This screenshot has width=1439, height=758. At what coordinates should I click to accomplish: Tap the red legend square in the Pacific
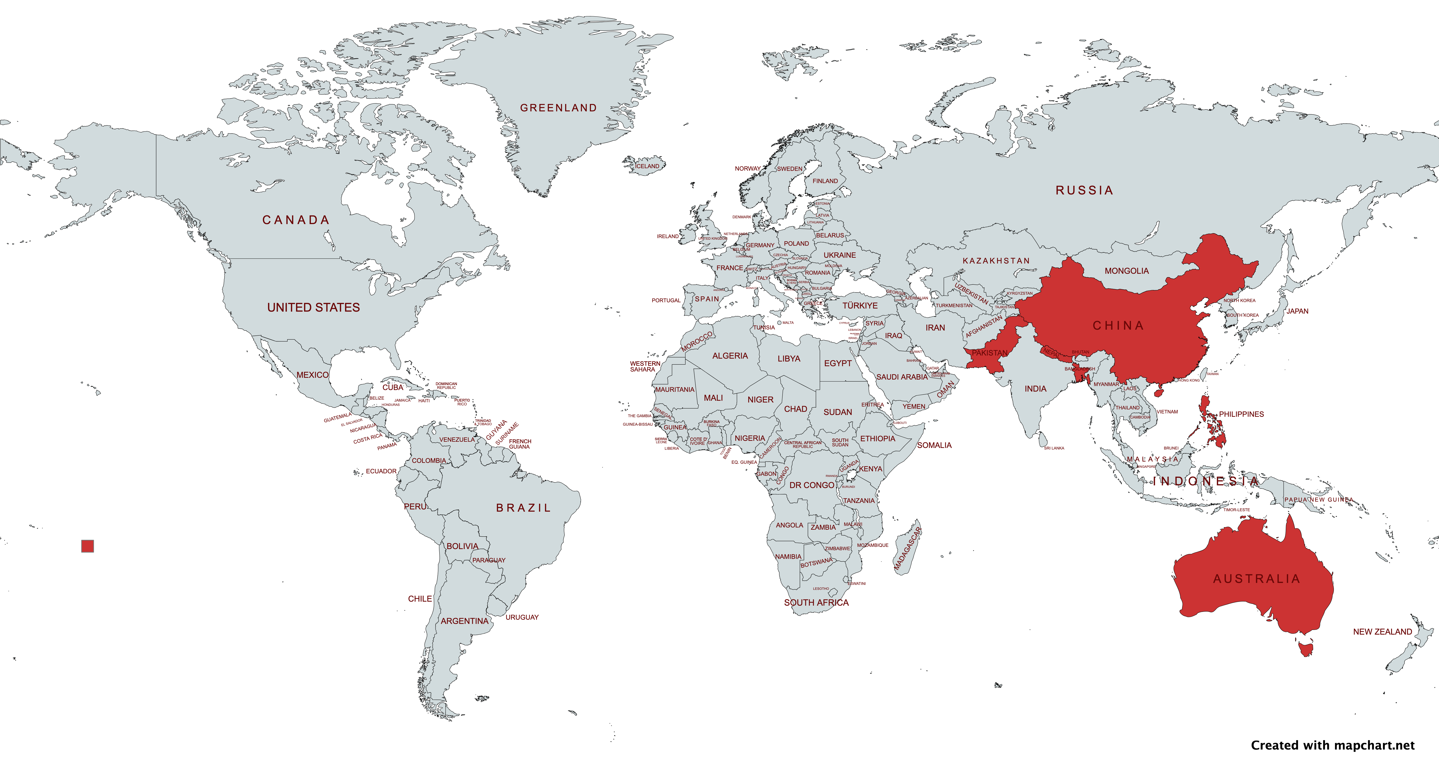88,546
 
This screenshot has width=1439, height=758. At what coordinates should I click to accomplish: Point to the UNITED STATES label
313,307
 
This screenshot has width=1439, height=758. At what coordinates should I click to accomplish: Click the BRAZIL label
523,508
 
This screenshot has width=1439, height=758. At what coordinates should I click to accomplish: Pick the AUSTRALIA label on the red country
1256,579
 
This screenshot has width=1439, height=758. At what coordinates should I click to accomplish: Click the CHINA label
1118,326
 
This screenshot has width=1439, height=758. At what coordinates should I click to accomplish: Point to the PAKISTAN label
989,353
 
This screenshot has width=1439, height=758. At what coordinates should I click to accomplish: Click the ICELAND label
647,166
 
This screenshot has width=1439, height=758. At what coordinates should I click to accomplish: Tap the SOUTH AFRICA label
816,603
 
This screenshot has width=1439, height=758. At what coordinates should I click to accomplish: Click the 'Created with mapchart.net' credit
1332,745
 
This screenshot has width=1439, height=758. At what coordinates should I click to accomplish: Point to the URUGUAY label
522,617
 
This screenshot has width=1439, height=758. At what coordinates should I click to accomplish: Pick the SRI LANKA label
1054,448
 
